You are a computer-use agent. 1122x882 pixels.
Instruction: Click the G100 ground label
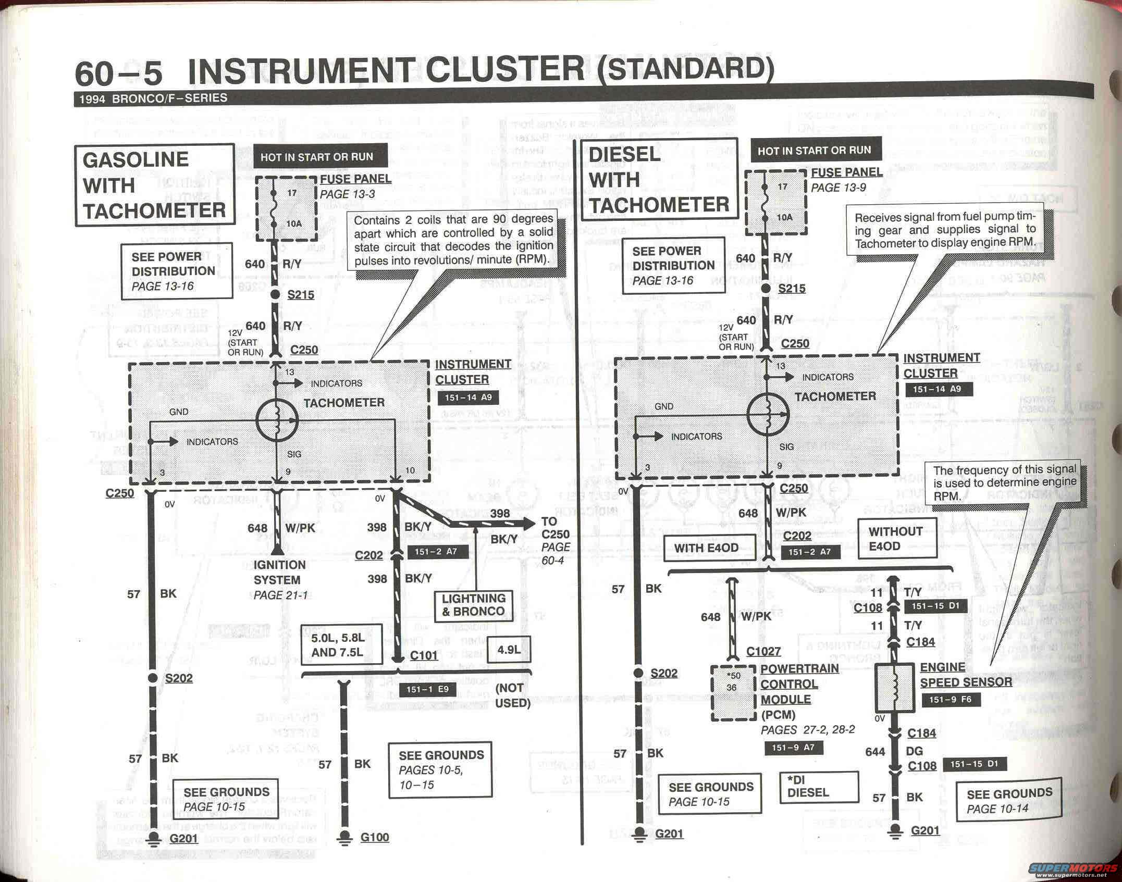(x=374, y=837)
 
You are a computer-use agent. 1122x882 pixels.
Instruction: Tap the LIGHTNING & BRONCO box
(x=473, y=605)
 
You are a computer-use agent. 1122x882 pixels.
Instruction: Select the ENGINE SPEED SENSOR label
(x=965, y=675)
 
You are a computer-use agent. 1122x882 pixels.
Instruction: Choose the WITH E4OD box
(x=706, y=548)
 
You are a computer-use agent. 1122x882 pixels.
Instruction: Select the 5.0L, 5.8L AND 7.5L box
(x=337, y=645)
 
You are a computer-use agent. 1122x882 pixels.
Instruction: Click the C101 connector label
(x=423, y=655)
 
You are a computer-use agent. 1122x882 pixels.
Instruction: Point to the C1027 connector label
(x=763, y=651)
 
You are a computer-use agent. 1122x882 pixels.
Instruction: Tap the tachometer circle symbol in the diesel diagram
(x=768, y=415)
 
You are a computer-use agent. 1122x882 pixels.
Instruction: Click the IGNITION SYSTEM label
(x=279, y=572)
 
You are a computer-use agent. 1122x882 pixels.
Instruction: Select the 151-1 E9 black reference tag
(x=427, y=689)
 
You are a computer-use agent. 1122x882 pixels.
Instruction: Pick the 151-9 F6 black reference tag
(x=950, y=700)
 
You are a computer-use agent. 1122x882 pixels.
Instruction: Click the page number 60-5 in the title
(x=119, y=74)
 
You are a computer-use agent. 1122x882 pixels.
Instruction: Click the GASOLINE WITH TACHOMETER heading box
(x=154, y=185)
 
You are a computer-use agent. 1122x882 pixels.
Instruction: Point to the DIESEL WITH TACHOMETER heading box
(x=659, y=179)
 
